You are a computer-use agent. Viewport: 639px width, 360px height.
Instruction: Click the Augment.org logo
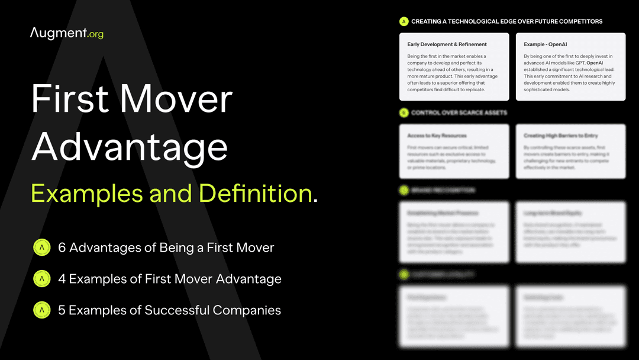[x=66, y=33]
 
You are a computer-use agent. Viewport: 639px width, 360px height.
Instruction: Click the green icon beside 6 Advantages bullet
[x=42, y=247]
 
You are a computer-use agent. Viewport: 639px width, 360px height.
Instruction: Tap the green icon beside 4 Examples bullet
[x=42, y=278]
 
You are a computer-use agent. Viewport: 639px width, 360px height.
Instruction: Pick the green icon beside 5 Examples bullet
[x=42, y=309]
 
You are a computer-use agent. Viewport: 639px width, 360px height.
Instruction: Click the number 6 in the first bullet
[x=62, y=247]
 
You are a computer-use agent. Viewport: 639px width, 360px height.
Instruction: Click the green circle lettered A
[x=404, y=21]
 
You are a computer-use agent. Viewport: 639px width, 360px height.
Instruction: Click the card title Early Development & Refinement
[x=447, y=44]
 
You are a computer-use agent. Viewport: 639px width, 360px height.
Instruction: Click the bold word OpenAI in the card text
[x=595, y=63]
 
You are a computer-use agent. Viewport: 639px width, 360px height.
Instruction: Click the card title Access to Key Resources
[x=437, y=136]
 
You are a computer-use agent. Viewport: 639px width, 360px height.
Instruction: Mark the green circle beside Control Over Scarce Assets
[x=404, y=112]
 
